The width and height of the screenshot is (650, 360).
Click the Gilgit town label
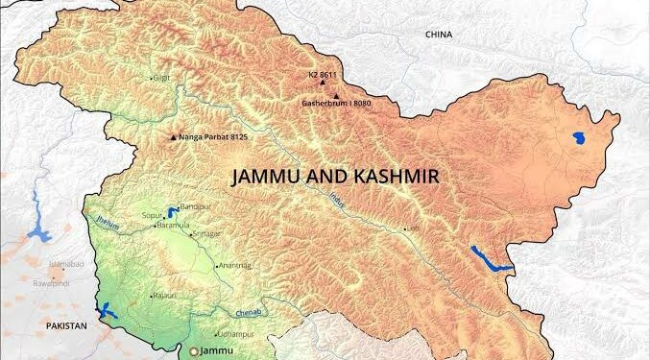[x=162, y=76]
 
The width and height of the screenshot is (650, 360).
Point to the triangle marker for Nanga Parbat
[x=173, y=137]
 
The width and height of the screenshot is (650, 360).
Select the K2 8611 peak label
[x=323, y=73]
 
